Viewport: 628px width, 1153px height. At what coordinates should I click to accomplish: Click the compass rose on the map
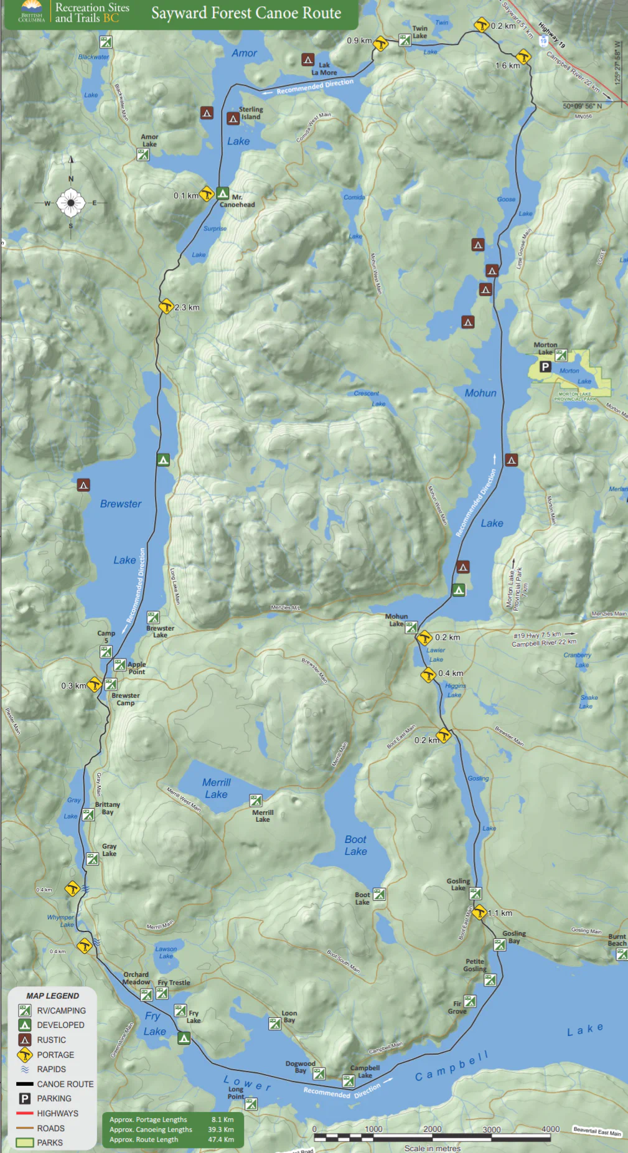[70, 202]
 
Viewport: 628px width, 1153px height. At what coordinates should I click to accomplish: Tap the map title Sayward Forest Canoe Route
[246, 13]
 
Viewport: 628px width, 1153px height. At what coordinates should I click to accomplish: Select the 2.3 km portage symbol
[166, 307]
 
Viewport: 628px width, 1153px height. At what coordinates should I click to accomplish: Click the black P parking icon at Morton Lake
[545, 367]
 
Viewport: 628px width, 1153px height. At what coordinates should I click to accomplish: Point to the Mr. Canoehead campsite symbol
[223, 193]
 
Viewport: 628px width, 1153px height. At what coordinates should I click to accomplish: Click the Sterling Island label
[251, 113]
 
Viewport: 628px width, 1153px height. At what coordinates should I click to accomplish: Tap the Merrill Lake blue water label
[216, 788]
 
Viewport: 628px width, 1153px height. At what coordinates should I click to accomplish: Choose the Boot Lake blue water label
[355, 845]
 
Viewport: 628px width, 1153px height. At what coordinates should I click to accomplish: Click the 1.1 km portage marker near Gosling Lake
[479, 913]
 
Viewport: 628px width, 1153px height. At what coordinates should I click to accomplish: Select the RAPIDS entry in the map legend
[51, 1069]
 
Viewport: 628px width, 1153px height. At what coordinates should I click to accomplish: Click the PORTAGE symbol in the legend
[24, 1054]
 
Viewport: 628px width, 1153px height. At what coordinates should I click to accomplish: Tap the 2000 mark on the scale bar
[432, 1129]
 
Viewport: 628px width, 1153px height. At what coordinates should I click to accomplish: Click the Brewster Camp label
[125, 699]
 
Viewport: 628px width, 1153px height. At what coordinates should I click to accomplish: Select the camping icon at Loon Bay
[274, 1024]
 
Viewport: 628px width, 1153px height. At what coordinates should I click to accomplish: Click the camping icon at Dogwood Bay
[319, 1073]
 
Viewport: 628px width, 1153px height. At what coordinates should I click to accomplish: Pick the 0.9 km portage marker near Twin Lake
[380, 44]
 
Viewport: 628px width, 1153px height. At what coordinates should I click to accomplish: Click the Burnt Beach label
[617, 939]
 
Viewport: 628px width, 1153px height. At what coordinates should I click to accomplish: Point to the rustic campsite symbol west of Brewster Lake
[83, 484]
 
